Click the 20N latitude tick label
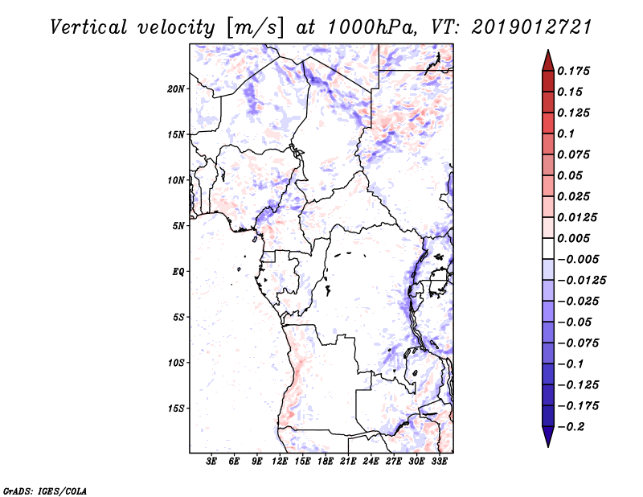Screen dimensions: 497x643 click(177, 88)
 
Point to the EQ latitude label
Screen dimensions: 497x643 click(178, 272)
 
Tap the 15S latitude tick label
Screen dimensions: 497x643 click(177, 409)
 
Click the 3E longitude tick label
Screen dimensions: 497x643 click(212, 462)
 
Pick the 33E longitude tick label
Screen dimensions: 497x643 click(439, 462)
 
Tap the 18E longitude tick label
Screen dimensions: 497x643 click(326, 462)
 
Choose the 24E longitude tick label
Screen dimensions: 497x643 click(371, 462)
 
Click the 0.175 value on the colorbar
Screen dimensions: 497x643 click(575, 72)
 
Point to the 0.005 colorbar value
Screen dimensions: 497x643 click(575, 239)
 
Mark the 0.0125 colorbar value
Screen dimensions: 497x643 click(578, 218)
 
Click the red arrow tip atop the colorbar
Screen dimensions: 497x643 click(547, 55)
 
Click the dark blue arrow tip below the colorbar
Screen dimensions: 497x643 click(547, 442)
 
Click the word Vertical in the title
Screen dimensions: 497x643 click(91, 27)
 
